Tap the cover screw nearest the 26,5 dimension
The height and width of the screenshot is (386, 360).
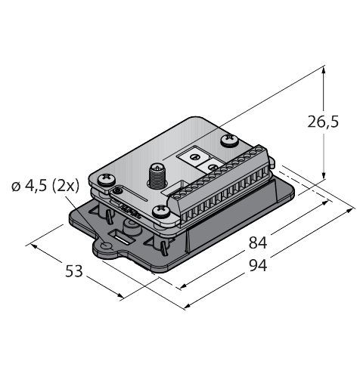pyautogui.click(x=227, y=140)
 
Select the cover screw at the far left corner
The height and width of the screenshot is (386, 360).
pyautogui.click(x=101, y=179)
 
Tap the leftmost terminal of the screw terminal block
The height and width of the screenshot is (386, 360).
pyautogui.click(x=179, y=202)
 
